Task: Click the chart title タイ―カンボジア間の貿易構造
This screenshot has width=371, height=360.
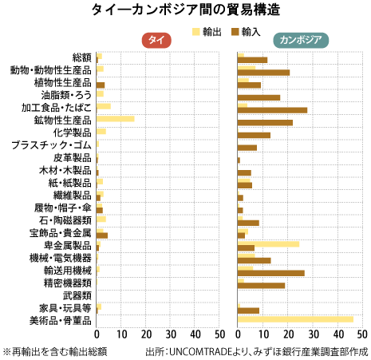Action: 186,10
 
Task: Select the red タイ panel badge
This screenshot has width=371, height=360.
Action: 156,40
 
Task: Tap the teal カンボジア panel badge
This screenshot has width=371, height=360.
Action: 301,40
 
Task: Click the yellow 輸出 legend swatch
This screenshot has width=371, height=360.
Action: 196,32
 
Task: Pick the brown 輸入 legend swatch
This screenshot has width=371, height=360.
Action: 235,32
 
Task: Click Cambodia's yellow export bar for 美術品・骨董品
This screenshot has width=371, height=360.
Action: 295,319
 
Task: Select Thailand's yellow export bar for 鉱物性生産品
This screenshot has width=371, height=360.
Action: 116,119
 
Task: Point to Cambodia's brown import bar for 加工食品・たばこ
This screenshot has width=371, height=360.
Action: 272,110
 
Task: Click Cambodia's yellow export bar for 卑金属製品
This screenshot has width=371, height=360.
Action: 268,244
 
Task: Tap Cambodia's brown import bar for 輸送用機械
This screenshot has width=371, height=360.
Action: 271,273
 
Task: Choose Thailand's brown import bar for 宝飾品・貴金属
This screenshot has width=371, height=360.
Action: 102,235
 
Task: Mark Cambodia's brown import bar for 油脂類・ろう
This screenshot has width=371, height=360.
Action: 259,97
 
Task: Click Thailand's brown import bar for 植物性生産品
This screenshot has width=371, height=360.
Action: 101,85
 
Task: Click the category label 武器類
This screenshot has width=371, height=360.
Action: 77,295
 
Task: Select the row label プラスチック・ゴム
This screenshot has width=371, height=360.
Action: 51,145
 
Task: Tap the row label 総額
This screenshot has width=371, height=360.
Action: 82,57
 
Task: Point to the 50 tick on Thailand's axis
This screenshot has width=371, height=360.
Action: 219,334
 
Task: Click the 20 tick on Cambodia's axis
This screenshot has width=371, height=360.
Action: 288,334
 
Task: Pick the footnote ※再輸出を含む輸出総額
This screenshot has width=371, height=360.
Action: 55,351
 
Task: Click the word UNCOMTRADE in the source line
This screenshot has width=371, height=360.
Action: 202,351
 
